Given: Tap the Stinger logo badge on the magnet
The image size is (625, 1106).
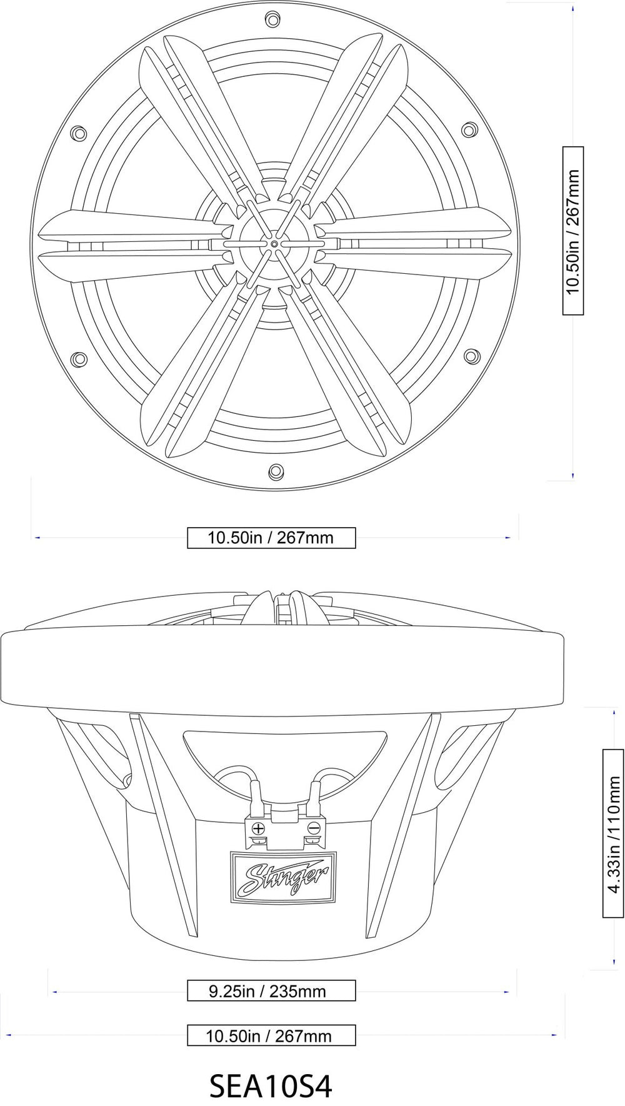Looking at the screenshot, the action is pyautogui.click(x=283, y=877).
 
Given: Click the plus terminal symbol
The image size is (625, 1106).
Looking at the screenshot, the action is pyautogui.click(x=257, y=829).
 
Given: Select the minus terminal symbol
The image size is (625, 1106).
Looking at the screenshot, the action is pyautogui.click(x=314, y=829).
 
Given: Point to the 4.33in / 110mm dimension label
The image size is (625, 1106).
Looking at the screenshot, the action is pyautogui.click(x=614, y=833).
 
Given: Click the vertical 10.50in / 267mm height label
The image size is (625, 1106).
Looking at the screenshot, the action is pyautogui.click(x=573, y=231).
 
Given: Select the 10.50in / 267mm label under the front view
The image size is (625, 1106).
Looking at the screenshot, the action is pyautogui.click(x=271, y=537).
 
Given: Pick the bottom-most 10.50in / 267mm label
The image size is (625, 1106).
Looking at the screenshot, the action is pyautogui.click(x=271, y=1035).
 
